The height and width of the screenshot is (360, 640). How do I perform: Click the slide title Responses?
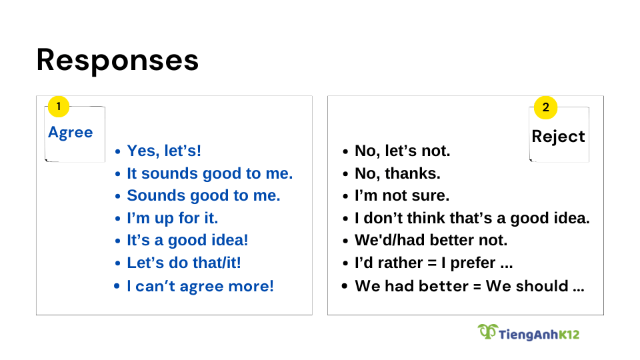[x=117, y=61]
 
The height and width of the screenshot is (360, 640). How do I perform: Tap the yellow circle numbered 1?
[x=59, y=107]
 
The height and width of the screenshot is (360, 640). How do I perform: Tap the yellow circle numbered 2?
[x=546, y=108]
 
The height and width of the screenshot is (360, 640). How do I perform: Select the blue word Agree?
[x=71, y=133]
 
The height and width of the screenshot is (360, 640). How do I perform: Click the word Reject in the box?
[x=559, y=136]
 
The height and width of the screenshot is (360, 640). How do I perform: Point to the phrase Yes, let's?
[x=164, y=151]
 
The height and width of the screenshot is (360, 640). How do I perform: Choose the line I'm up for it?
[x=173, y=218]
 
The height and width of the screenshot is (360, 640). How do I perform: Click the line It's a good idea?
[x=188, y=240]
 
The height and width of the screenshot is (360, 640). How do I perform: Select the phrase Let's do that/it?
[x=184, y=263]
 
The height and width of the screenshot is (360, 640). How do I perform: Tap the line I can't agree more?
[x=201, y=286]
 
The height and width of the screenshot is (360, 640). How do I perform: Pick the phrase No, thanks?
[x=397, y=173]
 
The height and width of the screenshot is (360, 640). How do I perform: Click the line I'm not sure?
[x=402, y=195]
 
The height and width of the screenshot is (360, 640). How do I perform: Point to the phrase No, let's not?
[x=403, y=151]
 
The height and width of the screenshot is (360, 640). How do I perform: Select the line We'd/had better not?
[x=431, y=240]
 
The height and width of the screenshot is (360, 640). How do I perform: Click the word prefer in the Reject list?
[x=473, y=263]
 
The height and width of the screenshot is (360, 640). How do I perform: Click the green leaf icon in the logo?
[x=488, y=331]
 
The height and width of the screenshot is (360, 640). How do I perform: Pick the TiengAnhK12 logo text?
[x=539, y=335]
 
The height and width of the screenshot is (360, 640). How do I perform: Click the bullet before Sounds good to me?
[x=118, y=196]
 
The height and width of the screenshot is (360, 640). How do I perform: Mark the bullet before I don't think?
[x=346, y=219]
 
